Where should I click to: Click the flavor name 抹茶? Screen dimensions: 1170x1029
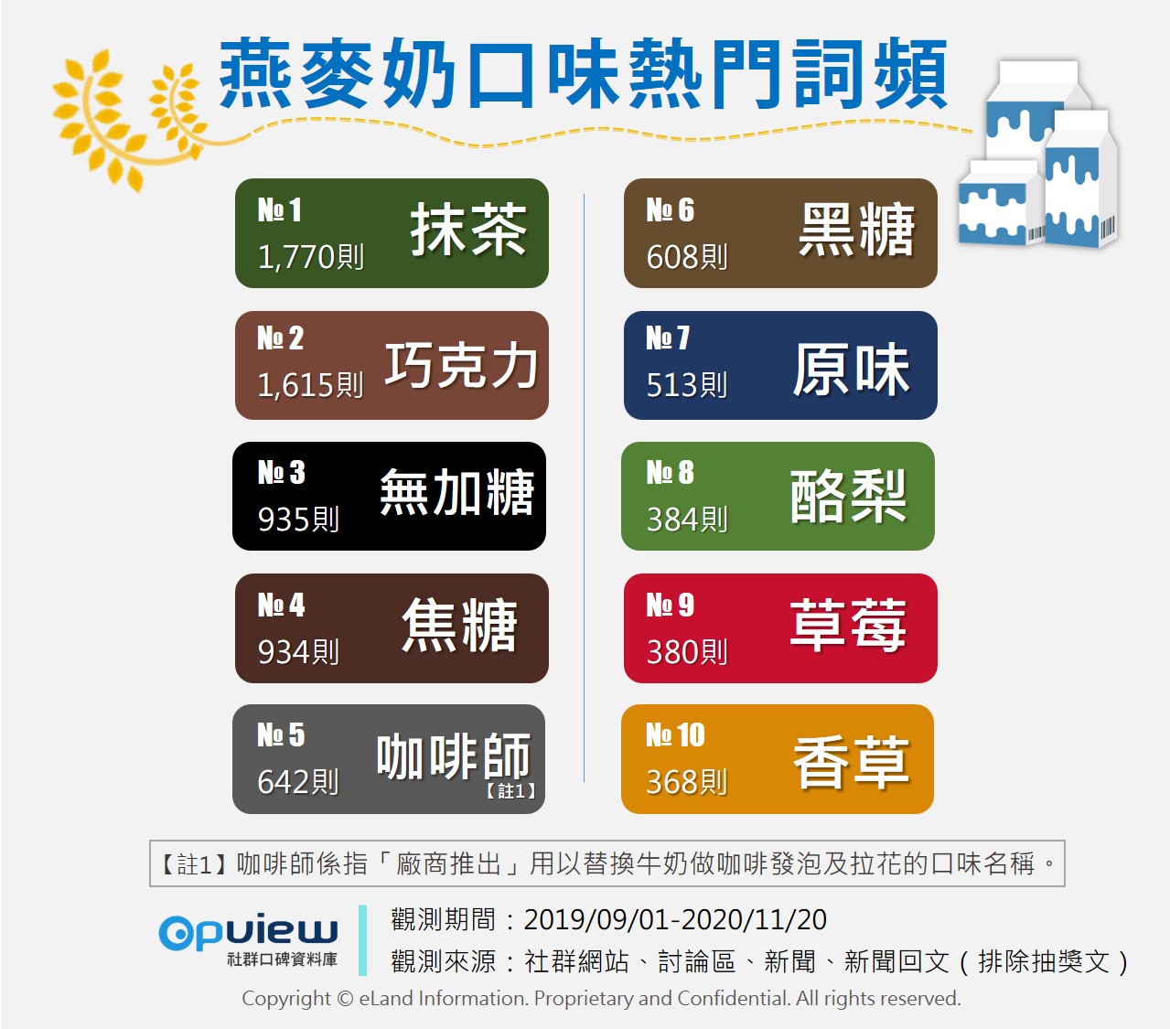tap(468, 230)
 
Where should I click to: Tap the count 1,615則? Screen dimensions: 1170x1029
tap(311, 384)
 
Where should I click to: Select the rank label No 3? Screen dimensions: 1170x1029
tap(281, 472)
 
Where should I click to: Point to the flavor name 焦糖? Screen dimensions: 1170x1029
tap(460, 626)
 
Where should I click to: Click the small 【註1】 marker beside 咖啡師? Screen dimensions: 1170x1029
tap(510, 790)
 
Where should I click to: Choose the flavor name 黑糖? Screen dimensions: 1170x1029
tap(856, 230)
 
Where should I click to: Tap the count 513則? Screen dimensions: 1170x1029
tap(687, 384)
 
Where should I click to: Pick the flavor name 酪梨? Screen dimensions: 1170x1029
tap(848, 496)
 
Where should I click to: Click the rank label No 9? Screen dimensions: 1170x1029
tap(670, 606)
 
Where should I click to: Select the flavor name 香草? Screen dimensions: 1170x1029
tap(852, 762)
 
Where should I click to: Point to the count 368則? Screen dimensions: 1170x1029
tap(687, 782)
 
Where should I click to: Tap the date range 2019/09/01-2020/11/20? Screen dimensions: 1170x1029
tap(675, 919)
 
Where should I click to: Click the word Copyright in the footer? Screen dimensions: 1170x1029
tap(285, 999)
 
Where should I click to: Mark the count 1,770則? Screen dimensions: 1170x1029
tap(311, 256)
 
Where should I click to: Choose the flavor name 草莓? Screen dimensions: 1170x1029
tap(848, 626)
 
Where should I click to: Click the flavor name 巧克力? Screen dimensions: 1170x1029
tap(461, 365)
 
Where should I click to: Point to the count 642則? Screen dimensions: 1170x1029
tap(298, 782)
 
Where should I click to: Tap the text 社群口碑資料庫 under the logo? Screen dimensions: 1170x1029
tap(282, 959)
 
